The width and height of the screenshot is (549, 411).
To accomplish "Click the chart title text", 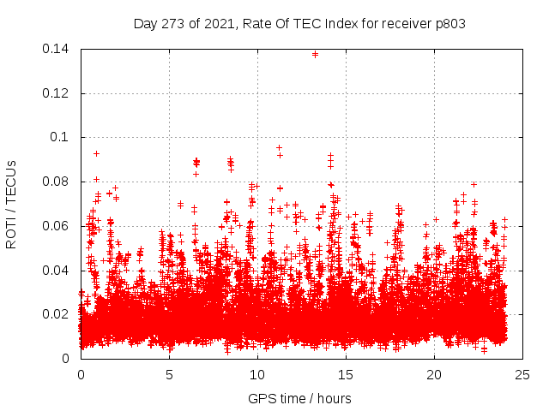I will click(299, 23).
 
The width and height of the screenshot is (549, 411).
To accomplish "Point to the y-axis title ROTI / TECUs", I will click(11, 204).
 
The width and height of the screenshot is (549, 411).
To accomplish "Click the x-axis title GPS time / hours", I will click(299, 398).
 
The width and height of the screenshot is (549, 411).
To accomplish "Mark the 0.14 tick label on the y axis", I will click(58, 49).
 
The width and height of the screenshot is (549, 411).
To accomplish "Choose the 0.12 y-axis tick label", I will click(58, 93).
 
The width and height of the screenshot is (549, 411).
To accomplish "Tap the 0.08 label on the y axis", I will click(58, 182).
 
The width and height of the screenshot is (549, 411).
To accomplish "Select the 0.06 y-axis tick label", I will click(58, 226).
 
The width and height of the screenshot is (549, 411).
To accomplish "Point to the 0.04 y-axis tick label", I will click(58, 271).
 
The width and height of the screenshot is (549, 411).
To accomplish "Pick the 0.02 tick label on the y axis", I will click(58, 314).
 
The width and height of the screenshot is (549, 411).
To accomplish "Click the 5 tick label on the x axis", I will click(170, 374).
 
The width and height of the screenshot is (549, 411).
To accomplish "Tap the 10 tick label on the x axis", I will click(258, 374).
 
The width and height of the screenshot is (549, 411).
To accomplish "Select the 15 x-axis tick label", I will click(347, 374).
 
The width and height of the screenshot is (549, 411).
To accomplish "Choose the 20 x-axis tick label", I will click(435, 374).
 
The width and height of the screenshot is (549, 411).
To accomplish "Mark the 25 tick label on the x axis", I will click(523, 374).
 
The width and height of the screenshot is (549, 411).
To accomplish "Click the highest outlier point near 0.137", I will click(315, 54).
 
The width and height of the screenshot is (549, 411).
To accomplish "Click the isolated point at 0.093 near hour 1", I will click(96, 153).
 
